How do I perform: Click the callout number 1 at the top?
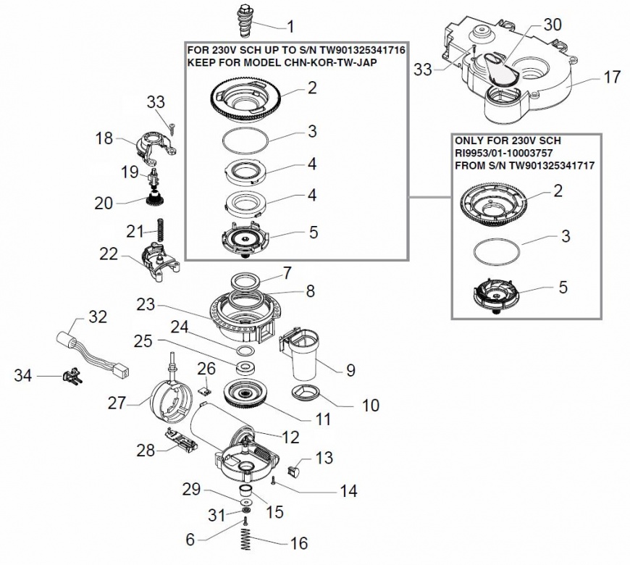point(290,28)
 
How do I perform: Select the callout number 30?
point(552,24)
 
